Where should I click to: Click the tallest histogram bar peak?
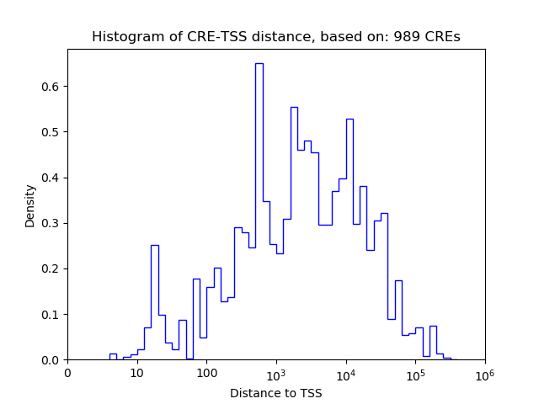click(x=259, y=64)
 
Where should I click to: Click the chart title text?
click(x=275, y=37)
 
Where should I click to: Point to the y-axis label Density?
click(x=30, y=205)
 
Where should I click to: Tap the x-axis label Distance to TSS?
click(x=275, y=393)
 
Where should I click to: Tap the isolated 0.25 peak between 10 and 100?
click(x=155, y=246)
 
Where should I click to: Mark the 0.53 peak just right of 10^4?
click(x=350, y=120)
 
